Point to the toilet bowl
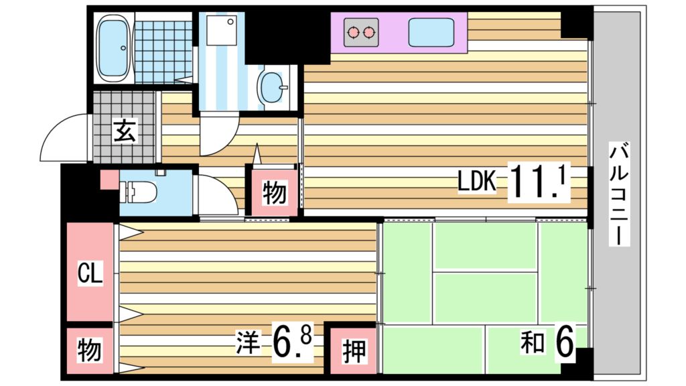click(139, 192)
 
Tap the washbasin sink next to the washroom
click(273, 87)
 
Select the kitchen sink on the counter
click(431, 32)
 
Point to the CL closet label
click(90, 273)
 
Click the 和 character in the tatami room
click(533, 344)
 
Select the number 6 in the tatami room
click(564, 343)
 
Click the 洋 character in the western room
click(246, 343)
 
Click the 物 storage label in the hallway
click(274, 193)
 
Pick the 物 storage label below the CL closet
click(90, 350)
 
